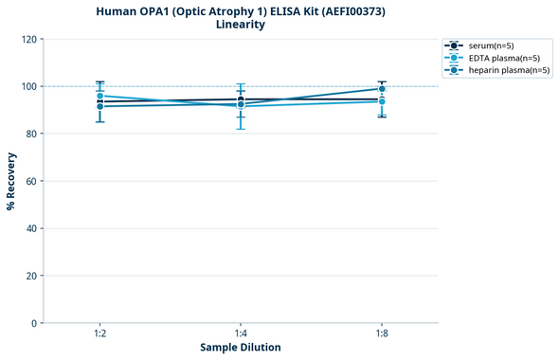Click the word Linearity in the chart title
click(x=240, y=25)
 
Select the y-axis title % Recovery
click(x=11, y=180)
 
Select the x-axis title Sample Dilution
click(x=240, y=348)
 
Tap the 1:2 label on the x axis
click(x=99, y=334)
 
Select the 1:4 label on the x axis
click(x=241, y=334)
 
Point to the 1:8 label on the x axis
click(x=382, y=334)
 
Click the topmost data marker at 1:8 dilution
click(x=382, y=89)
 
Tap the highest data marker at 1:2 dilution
click(x=99, y=96)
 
